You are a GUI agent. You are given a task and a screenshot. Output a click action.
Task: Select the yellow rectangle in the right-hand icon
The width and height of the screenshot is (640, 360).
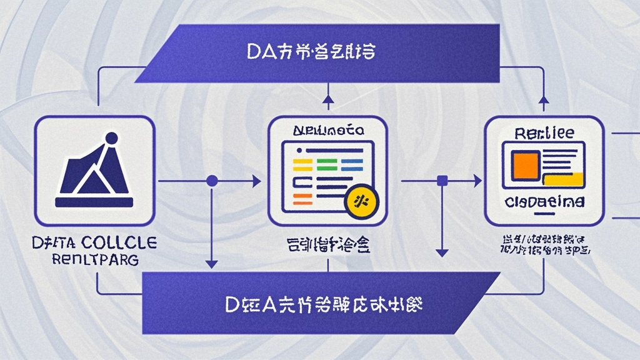(x=563, y=179)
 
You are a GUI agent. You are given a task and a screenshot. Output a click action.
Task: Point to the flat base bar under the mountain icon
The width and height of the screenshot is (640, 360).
(x=94, y=202)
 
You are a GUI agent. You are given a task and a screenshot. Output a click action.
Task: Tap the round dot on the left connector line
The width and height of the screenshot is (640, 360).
(x=212, y=181)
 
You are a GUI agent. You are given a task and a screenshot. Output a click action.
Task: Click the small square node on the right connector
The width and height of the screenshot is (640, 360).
(x=442, y=181)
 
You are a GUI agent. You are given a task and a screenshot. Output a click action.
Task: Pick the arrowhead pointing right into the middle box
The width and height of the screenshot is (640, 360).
(x=256, y=181)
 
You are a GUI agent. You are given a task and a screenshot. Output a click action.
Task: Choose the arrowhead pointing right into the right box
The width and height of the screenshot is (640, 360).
(x=477, y=181)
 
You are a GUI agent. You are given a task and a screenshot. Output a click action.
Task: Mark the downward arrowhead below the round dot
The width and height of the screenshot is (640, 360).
(x=212, y=262)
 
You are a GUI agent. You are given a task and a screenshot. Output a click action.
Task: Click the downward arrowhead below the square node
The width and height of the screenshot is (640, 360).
(x=442, y=252)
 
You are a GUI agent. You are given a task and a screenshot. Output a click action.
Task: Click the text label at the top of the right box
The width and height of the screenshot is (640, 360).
(x=543, y=133)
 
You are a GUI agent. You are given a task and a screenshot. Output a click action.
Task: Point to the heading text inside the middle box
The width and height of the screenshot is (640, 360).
(x=327, y=132)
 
